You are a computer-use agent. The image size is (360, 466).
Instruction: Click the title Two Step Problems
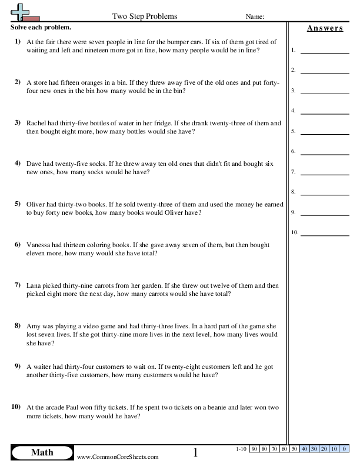point(144,16)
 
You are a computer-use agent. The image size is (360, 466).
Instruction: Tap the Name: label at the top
point(255,16)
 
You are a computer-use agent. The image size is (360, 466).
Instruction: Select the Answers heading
point(325,28)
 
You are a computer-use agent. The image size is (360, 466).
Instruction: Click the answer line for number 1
point(324,51)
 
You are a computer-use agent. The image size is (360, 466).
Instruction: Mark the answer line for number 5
point(324,132)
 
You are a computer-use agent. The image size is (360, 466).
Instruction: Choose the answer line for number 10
point(324,233)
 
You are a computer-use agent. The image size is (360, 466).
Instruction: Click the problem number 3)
point(17,123)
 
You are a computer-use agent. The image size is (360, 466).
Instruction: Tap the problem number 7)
point(17,285)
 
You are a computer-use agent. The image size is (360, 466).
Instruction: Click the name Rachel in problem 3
point(37,123)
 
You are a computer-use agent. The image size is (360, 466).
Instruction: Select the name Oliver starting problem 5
point(36,204)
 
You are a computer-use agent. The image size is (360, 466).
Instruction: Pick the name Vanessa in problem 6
point(40,245)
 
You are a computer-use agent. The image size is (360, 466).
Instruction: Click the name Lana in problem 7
point(35,285)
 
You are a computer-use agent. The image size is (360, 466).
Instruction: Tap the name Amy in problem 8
point(34,325)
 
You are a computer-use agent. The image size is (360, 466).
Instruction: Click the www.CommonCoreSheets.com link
point(117,457)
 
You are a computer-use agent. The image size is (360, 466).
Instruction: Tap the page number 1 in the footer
point(196,452)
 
